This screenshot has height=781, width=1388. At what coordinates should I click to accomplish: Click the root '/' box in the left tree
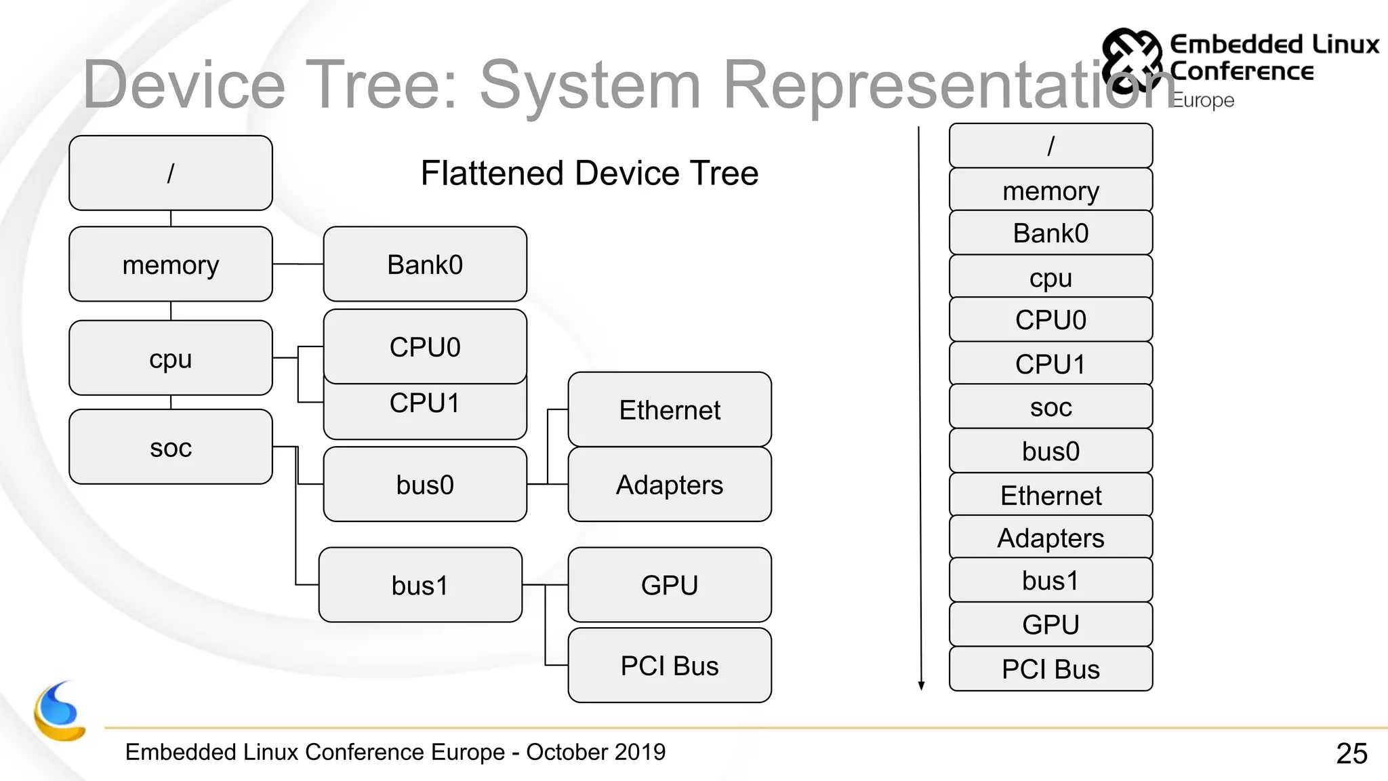[x=170, y=173]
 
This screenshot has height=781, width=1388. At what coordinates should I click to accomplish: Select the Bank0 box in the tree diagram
[x=425, y=264]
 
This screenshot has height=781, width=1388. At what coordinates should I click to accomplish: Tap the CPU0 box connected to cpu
[x=425, y=346]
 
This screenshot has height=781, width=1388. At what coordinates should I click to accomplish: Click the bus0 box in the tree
[x=425, y=484]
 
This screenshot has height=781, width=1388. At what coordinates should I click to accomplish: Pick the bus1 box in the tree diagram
[x=420, y=585]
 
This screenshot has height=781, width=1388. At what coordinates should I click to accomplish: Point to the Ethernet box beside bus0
[x=670, y=409]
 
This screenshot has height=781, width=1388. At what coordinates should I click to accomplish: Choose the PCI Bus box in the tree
[x=670, y=665]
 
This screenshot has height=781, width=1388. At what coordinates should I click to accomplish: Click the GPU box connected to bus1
[x=670, y=584]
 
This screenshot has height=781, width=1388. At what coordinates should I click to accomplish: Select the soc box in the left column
[x=170, y=447]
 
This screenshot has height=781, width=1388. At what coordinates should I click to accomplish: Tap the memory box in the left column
[x=170, y=264]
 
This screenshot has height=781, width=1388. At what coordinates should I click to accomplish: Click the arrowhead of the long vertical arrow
[x=921, y=685]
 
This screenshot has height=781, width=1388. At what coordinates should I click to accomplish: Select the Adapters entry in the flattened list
[x=1050, y=538]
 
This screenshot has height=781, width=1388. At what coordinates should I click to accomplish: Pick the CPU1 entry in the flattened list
[x=1050, y=364]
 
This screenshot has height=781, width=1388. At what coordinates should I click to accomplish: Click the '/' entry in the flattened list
[x=1050, y=146]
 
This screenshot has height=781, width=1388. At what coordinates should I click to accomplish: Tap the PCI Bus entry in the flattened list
[x=1050, y=669]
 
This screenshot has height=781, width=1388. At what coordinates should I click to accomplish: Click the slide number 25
[x=1351, y=753]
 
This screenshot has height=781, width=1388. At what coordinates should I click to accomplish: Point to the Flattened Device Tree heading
[x=589, y=173]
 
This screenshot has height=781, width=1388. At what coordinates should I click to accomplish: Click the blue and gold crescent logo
[x=60, y=712]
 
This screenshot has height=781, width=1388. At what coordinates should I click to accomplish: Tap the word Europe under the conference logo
[x=1203, y=100]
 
